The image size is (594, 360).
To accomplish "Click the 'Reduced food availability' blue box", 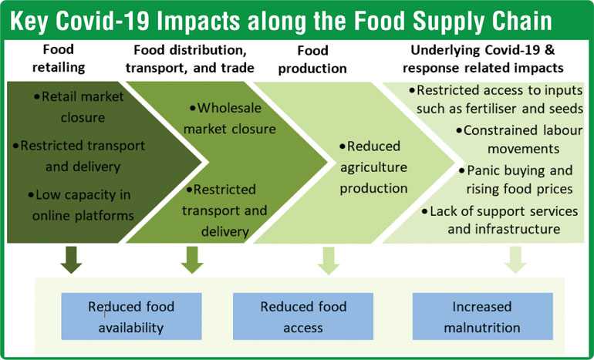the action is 131,316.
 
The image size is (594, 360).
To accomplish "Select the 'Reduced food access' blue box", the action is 303,316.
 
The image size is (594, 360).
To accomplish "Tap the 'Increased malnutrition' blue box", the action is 482,316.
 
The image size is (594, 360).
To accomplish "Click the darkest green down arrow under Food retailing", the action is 71,260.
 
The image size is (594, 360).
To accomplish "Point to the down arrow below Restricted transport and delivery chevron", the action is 192,260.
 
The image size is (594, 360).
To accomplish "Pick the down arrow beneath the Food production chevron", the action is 329,261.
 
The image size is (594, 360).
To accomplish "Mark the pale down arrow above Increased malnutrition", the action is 515,260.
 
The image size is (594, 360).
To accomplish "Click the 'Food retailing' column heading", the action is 59,59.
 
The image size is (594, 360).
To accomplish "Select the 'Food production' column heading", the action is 312,59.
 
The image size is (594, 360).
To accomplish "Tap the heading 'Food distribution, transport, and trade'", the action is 191,59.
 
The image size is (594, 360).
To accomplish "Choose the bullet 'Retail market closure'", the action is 79,106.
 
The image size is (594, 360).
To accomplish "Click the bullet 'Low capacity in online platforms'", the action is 81,205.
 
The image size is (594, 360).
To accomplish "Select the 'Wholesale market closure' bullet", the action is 230,118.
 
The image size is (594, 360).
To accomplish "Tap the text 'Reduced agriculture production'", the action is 373,167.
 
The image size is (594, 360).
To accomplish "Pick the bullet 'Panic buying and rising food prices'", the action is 516,180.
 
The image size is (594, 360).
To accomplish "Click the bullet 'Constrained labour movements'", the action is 519,140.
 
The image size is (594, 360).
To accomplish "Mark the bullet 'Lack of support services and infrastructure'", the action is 500,220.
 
